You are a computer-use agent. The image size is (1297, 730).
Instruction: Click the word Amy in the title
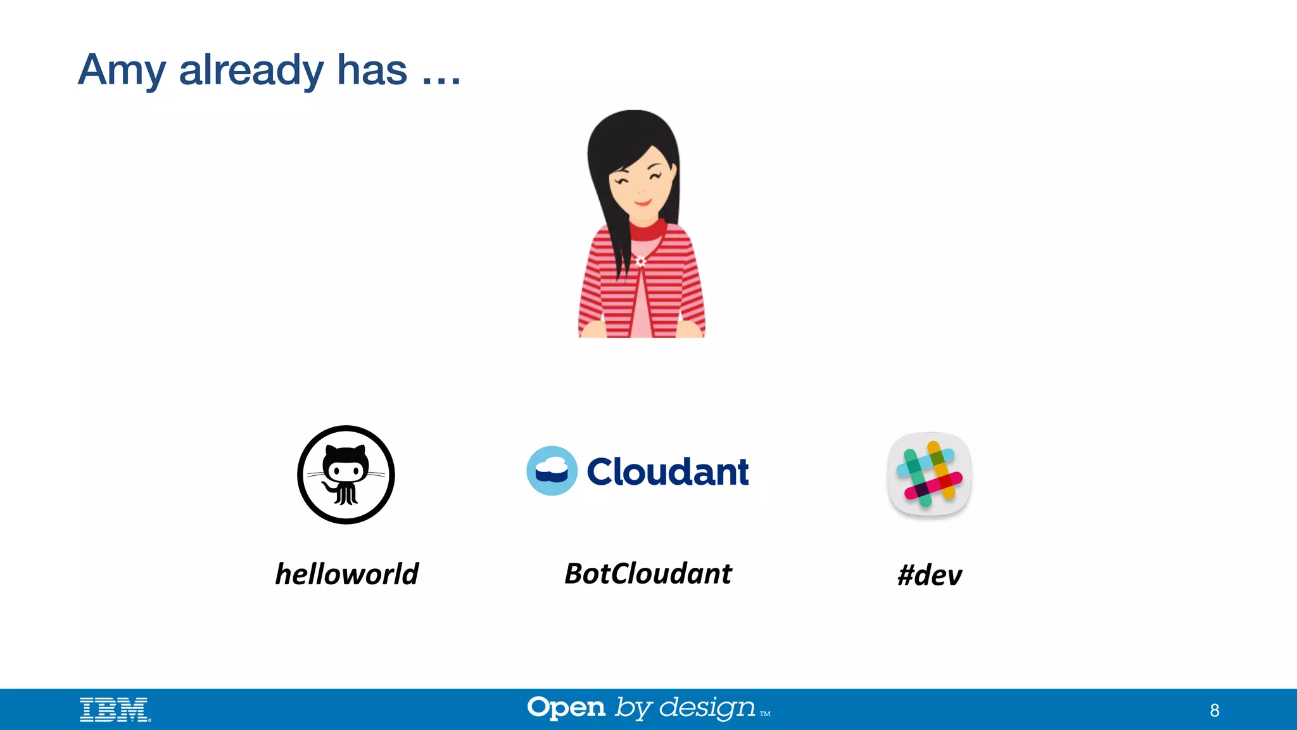point(122,71)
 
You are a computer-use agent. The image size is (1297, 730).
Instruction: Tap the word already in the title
point(251,71)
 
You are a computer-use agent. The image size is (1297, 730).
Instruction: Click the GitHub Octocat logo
point(346,475)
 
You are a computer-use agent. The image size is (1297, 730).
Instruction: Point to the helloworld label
point(347,574)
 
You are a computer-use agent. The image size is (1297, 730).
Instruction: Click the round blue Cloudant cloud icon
point(552,471)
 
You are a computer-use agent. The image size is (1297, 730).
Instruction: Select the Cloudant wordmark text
point(667,471)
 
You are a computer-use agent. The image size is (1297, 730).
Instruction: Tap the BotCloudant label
point(648,574)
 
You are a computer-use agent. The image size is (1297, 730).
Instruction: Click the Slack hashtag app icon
point(929,474)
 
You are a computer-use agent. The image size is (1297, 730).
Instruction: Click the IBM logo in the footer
point(115,710)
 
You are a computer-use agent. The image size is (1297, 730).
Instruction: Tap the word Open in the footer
point(566,708)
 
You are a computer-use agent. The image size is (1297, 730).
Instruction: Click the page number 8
point(1214,710)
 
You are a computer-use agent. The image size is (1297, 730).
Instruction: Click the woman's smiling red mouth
point(642,203)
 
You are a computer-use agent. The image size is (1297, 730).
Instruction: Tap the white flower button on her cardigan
point(640,261)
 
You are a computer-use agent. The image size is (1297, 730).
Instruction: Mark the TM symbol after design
point(765,714)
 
